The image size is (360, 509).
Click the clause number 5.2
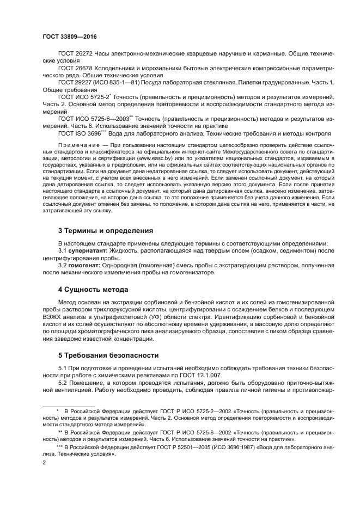click(x=63, y=382)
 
